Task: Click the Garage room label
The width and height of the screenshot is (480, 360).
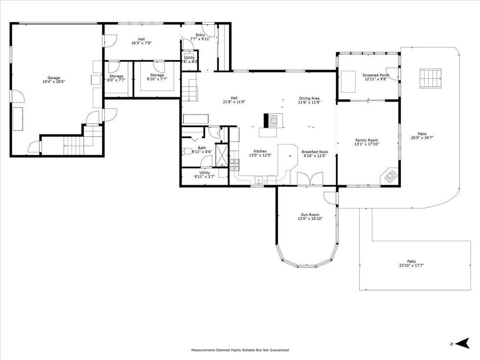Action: pyautogui.click(x=53, y=78)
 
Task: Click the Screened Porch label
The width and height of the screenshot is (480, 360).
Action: pyautogui.click(x=375, y=75)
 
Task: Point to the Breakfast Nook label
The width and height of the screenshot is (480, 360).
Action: pyautogui.click(x=315, y=152)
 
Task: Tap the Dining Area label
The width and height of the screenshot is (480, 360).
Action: pyautogui.click(x=309, y=98)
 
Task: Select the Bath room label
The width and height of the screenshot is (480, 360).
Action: pyautogui.click(x=202, y=148)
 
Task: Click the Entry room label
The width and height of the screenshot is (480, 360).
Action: pyautogui.click(x=200, y=35)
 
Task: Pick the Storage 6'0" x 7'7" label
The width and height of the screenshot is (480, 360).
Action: pyautogui.click(x=116, y=76)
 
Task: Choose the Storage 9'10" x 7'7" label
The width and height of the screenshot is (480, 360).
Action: pyautogui.click(x=157, y=75)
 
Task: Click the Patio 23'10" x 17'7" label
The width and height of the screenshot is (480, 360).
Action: pyautogui.click(x=411, y=262)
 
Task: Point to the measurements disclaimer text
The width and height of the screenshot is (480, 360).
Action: pyautogui.click(x=240, y=350)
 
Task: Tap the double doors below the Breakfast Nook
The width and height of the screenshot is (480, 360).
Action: pyautogui.click(x=310, y=179)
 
